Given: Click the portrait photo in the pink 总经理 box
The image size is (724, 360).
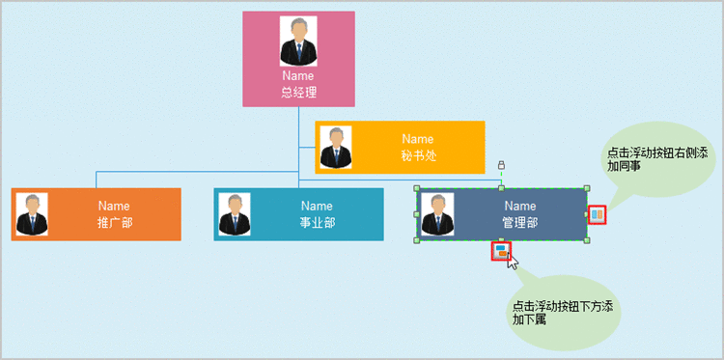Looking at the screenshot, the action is click(x=298, y=41).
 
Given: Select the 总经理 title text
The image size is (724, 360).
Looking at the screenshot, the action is click(x=298, y=93).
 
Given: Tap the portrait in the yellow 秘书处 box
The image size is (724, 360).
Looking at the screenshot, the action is click(x=335, y=147).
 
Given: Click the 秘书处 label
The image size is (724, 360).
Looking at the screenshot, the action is click(x=418, y=155).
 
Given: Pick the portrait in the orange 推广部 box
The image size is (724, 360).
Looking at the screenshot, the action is click(x=32, y=214).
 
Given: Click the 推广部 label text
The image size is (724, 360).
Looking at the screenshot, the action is click(x=114, y=222).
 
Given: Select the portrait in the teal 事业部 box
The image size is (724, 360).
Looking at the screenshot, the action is click(x=234, y=214).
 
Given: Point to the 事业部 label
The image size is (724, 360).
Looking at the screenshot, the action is click(x=317, y=222).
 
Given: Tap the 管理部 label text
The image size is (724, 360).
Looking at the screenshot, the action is click(x=519, y=222).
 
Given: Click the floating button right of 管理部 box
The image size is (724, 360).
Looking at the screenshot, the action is click(x=598, y=215).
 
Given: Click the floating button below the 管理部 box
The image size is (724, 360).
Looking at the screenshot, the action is click(x=500, y=251).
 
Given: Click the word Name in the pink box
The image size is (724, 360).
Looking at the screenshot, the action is click(x=298, y=75).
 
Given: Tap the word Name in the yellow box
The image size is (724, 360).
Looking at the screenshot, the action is click(x=418, y=139).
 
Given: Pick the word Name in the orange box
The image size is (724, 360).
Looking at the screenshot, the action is click(x=114, y=206).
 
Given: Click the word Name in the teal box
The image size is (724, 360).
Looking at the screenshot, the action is click(x=317, y=206).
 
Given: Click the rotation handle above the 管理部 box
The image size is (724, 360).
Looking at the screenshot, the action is click(x=500, y=165).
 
